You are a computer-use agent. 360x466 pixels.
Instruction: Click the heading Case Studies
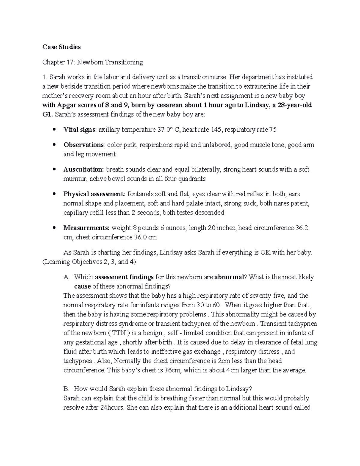click(x=61, y=47)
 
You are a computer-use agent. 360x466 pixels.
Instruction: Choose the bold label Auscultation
click(x=83, y=170)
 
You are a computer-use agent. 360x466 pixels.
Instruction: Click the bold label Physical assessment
click(x=94, y=194)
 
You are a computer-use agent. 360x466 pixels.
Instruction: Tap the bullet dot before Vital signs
click(x=54, y=130)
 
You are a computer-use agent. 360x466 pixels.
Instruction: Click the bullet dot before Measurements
click(x=54, y=228)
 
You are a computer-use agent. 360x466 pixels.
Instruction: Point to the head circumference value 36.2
click(x=301, y=228)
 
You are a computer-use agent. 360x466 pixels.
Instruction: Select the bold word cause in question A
click(x=82, y=286)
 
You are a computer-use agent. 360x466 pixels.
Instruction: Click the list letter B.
click(x=66, y=389)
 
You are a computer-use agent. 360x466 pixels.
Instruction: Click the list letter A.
click(x=66, y=277)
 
